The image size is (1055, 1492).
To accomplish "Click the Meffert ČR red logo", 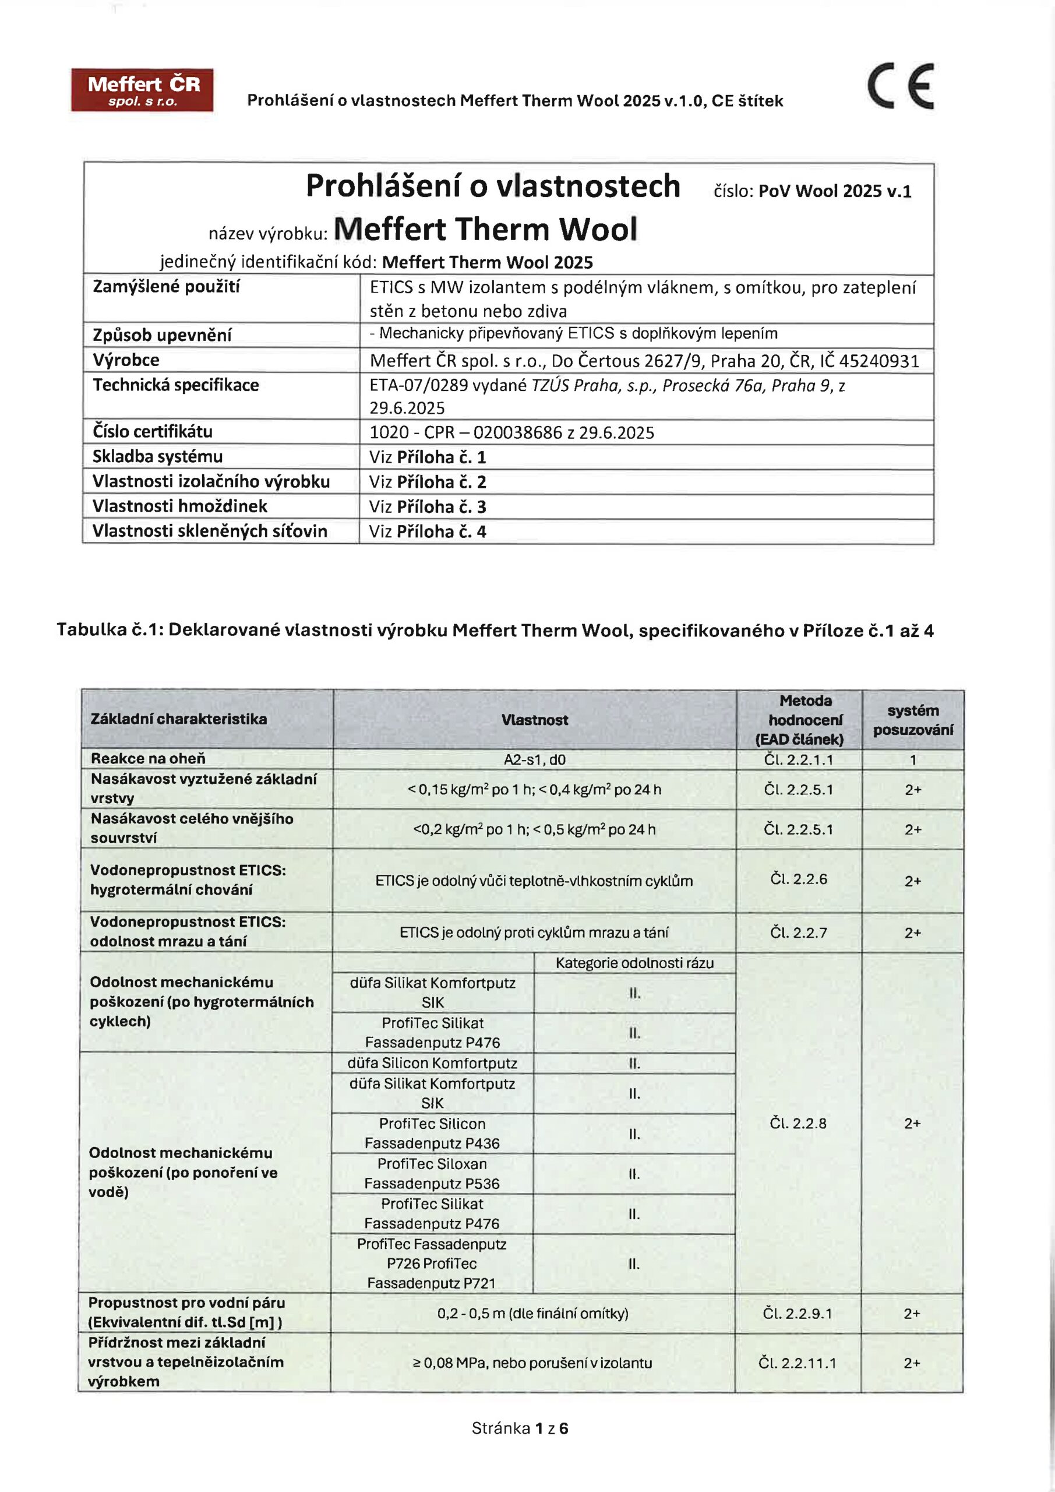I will coord(142,90).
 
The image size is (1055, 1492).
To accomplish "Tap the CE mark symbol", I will coord(901,86).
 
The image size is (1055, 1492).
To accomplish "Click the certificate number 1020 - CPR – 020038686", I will coord(511,433).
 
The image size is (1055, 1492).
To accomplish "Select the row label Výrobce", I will coord(126,360).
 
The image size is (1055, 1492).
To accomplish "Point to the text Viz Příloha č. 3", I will coord(428,507).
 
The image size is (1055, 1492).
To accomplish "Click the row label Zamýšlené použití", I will coord(166,287).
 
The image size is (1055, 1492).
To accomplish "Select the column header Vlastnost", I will coord(534,719).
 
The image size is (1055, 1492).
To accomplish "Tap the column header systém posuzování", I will coord(913,720).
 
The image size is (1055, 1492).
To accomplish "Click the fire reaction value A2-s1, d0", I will coord(534,759).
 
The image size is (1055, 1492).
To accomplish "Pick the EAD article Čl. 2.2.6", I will coord(799,879).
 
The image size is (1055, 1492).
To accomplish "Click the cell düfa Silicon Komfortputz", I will coord(432,1063).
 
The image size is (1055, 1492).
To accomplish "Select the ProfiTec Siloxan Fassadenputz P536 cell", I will coord(432,1174).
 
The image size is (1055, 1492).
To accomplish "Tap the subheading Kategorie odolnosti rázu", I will coord(634,963).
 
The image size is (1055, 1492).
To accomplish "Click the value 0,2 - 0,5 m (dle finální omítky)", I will coord(532,1313).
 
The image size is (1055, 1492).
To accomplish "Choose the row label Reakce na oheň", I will coord(148,758).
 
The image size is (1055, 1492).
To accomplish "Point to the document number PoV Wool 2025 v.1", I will coord(834,191).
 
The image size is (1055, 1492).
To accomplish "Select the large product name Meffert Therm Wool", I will coord(485,230).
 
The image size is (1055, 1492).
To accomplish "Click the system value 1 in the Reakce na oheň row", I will coord(913,759).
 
